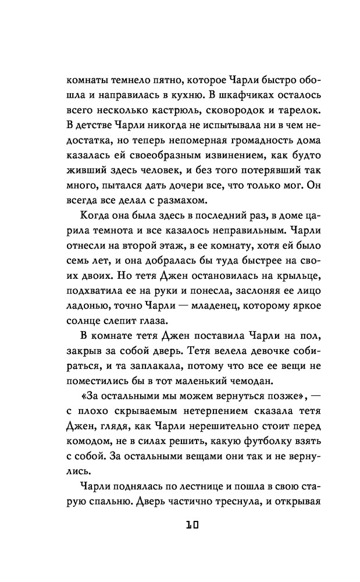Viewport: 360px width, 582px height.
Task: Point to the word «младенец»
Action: click(193, 308)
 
